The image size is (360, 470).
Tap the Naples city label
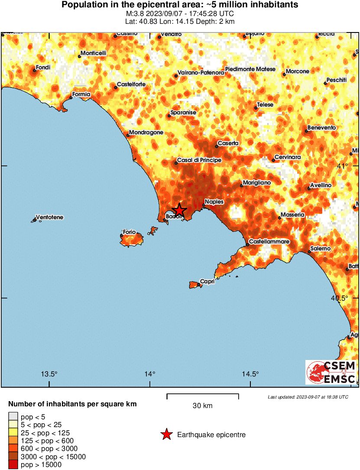pyautogui.click(x=214, y=202)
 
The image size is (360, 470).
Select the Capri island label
pyautogui.click(x=207, y=282)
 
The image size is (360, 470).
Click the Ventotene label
pyautogui.click(x=49, y=217)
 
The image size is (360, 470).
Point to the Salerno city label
pyautogui.click(x=321, y=249)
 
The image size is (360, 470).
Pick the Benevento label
pyautogui.click(x=321, y=128)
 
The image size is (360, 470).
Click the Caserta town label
pyautogui.click(x=228, y=143)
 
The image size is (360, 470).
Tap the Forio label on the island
pyautogui.click(x=129, y=232)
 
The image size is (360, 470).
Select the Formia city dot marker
pyautogui.click(x=71, y=97)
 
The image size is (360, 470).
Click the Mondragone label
pyautogui.click(x=146, y=133)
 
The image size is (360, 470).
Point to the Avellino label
pyautogui.click(x=321, y=185)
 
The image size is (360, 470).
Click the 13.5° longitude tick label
pyautogui.click(x=49, y=374)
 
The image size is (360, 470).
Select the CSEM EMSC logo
pyautogui.click(x=331, y=372)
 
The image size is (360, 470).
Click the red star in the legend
pyautogui.click(x=166, y=434)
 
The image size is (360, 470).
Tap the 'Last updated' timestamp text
pyautogui.click(x=308, y=397)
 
